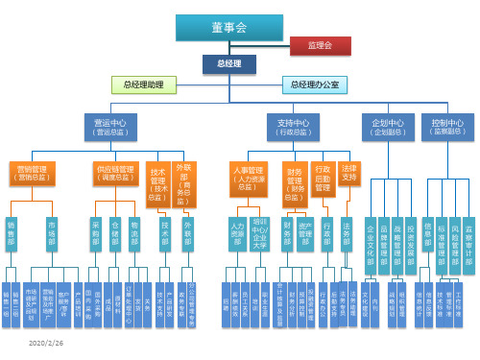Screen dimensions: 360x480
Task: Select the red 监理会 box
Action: (319, 45)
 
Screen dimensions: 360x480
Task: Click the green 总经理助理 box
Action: (143, 84)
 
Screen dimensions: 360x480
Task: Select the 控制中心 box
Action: (447, 127)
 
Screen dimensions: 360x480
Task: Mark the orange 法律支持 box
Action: (348, 174)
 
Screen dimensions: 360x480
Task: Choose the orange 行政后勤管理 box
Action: (323, 177)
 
